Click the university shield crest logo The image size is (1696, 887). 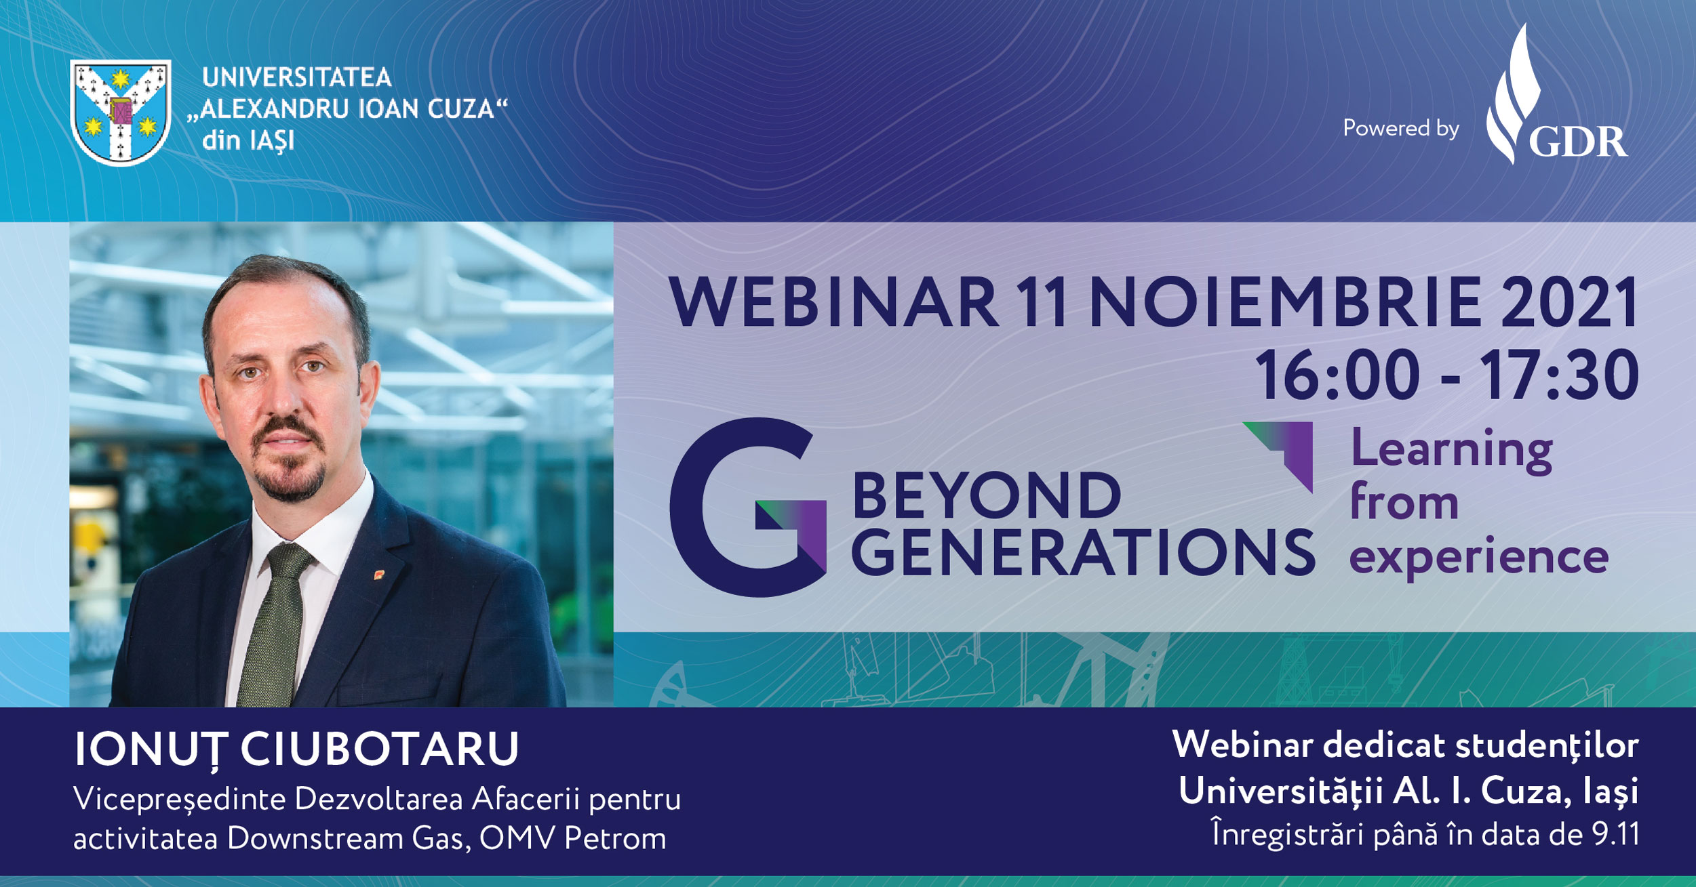[121, 112]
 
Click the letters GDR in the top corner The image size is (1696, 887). [1577, 142]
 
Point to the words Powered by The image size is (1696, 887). [1401, 128]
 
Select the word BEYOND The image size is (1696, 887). [987, 496]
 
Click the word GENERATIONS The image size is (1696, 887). [1083, 553]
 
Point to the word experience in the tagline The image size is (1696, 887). [1478, 558]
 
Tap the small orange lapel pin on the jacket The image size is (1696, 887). [378, 575]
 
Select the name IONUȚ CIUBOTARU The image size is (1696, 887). [296, 749]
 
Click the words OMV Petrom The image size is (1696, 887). [572, 839]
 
